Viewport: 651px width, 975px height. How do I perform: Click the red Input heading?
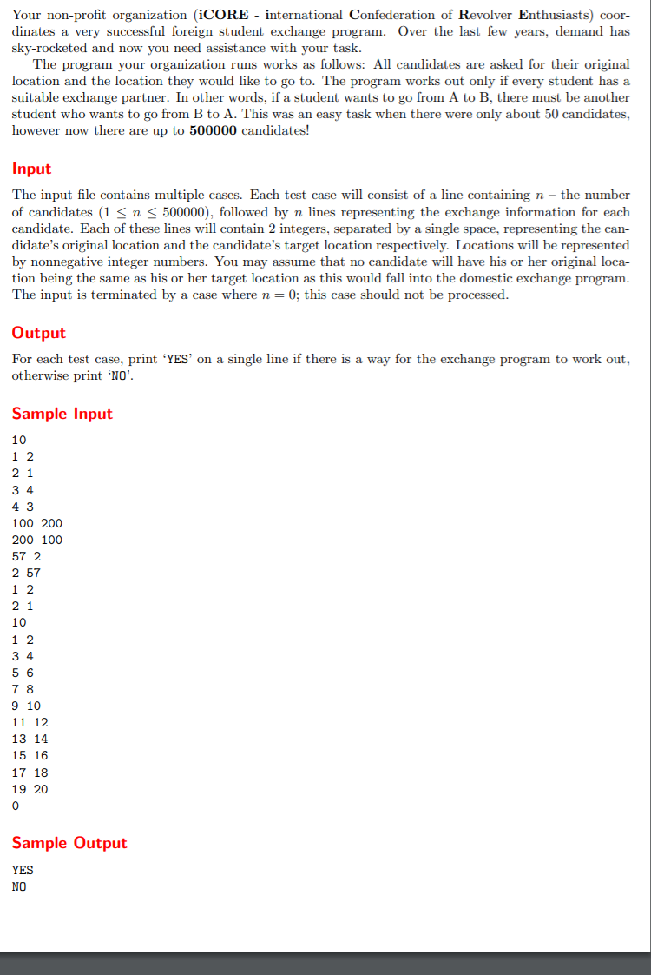click(31, 169)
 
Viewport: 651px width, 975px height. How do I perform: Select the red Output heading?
click(38, 333)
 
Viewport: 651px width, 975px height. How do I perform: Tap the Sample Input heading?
click(62, 414)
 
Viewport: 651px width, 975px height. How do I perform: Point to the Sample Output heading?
click(69, 843)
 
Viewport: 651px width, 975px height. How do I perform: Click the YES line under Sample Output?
click(23, 869)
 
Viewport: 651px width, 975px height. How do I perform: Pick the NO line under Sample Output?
click(19, 886)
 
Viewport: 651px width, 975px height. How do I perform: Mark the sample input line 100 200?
click(37, 523)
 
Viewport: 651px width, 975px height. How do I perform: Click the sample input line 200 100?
click(37, 540)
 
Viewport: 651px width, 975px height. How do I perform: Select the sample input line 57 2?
click(26, 556)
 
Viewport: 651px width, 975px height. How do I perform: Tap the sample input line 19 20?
click(30, 789)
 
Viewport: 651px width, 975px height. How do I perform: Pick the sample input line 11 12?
click(30, 722)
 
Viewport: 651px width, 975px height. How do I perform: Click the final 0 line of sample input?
click(16, 806)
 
